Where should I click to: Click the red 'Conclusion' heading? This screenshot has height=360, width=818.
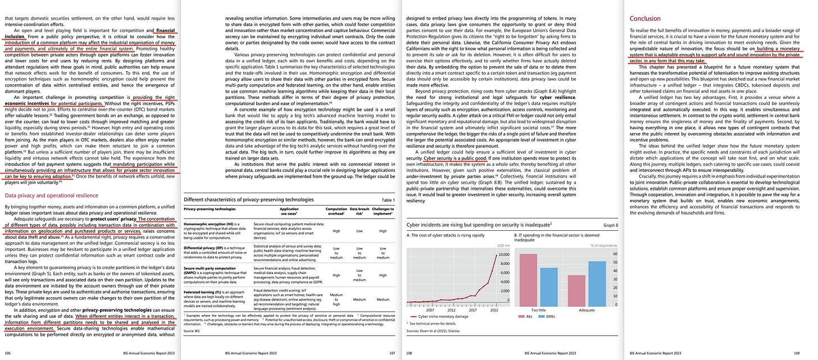646,19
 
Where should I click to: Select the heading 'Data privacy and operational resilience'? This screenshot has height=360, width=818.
51,195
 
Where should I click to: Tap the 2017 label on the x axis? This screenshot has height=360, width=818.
472,309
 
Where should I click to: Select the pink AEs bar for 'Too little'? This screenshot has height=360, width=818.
528,279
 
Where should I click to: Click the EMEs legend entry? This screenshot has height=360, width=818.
552,317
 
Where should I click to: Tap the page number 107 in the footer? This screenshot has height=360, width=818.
391,353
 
